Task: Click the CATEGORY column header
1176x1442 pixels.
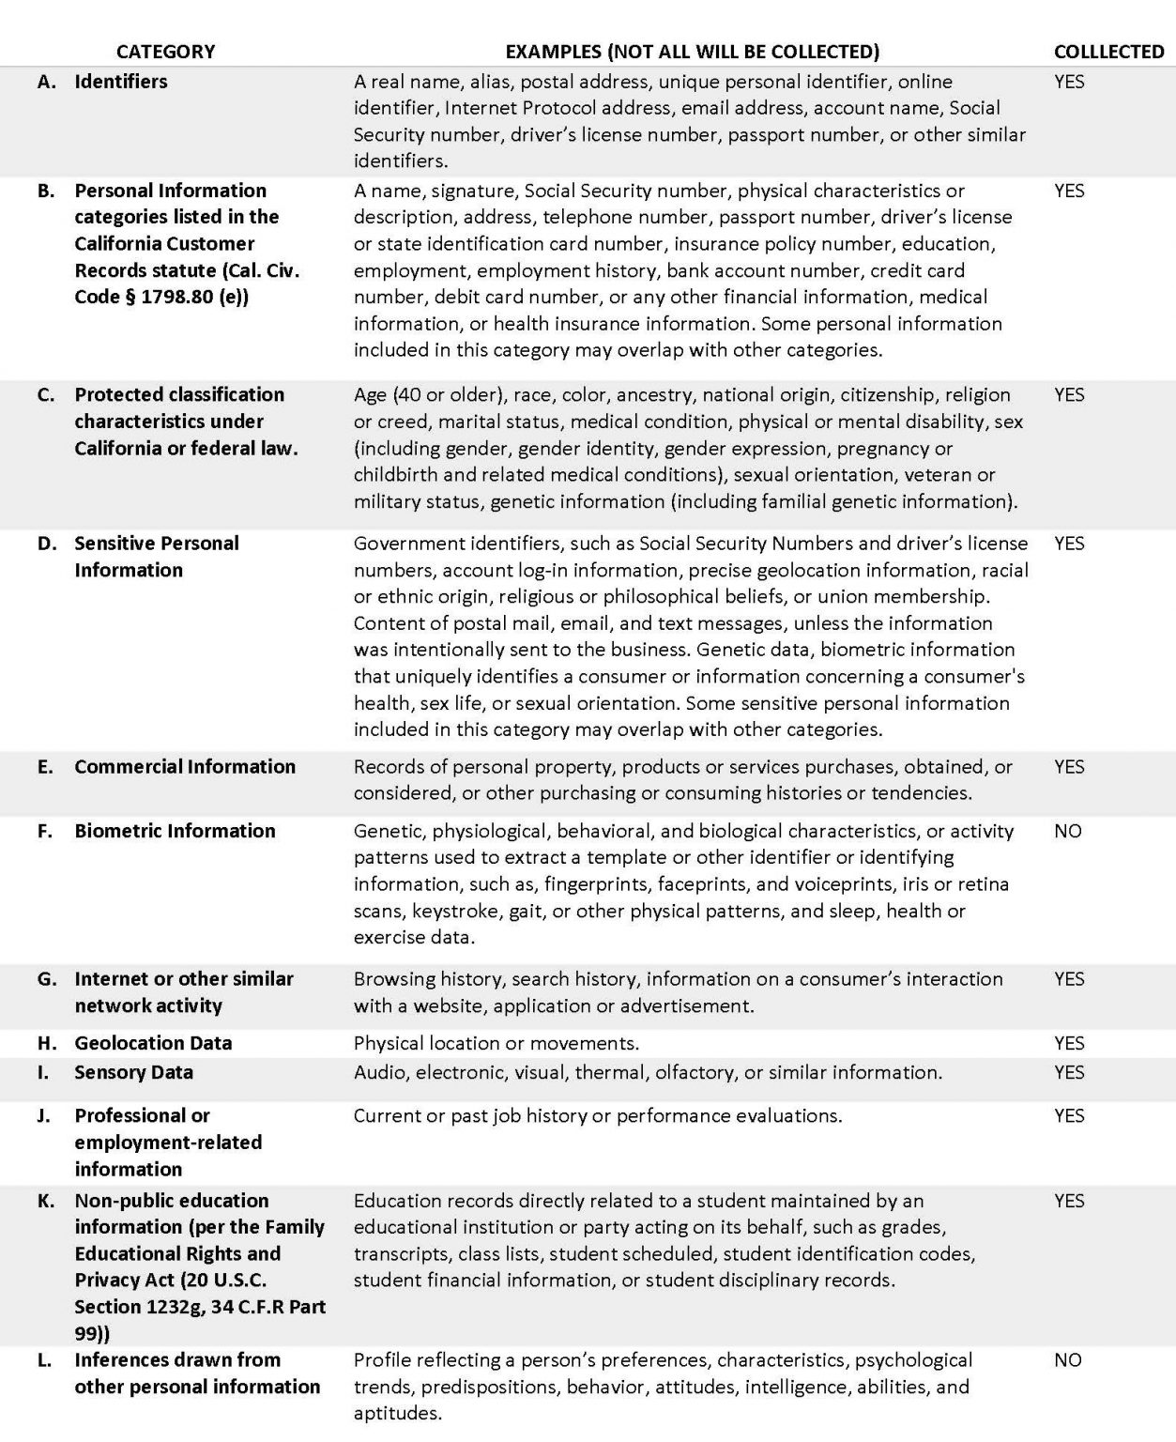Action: [x=165, y=52]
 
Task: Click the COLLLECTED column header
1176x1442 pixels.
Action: [x=1108, y=52]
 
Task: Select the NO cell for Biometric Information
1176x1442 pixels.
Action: [x=1068, y=831]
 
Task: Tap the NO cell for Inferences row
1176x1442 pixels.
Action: [x=1068, y=1359]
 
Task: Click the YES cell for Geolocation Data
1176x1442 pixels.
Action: [x=1069, y=1043]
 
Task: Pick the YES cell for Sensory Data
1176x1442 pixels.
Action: [x=1069, y=1072]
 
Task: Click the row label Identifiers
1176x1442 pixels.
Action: [x=120, y=82]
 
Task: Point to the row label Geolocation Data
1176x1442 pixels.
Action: [x=153, y=1043]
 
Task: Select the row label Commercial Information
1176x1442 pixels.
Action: [x=185, y=766]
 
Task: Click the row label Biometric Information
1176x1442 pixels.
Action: [x=175, y=831]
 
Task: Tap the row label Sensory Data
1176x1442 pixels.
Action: [x=133, y=1072]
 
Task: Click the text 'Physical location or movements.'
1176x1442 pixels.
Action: [x=496, y=1043]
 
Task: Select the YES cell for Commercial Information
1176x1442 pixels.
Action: [x=1069, y=766]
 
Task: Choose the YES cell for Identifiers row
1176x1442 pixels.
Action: [x=1069, y=82]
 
